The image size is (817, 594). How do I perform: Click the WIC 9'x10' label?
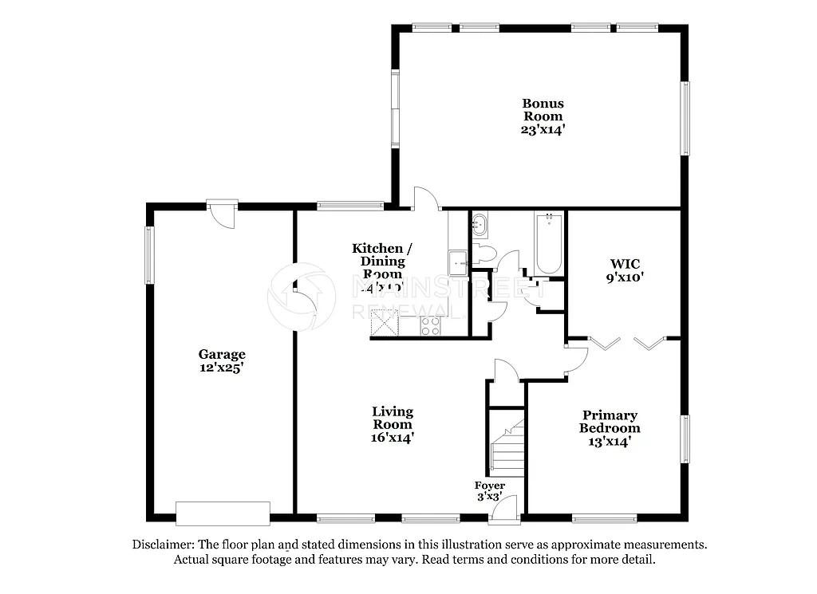point(625,270)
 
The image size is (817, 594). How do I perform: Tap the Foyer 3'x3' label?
point(489,491)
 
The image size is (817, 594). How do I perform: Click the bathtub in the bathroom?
point(548,242)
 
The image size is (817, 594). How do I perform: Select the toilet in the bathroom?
point(486,254)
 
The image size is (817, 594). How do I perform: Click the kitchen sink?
point(458,262)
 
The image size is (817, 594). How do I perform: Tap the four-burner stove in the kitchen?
point(430,325)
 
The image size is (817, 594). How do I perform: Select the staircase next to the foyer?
point(505,450)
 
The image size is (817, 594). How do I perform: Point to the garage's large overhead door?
point(223,513)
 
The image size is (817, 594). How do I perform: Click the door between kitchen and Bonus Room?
point(425,200)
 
